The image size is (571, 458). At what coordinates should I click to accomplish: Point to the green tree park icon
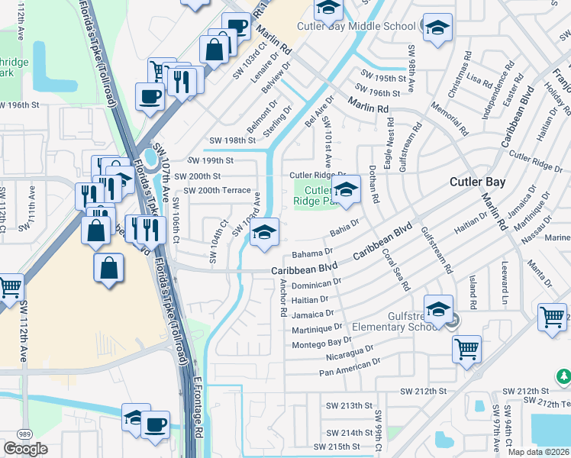click(563, 376)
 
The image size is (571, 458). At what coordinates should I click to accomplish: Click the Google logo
click(25, 449)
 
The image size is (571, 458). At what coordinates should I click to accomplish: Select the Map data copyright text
click(538, 452)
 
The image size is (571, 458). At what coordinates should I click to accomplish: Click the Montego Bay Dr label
click(323, 343)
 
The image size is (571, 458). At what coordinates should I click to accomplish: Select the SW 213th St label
click(347, 405)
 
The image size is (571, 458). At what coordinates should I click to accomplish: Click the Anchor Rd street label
click(282, 298)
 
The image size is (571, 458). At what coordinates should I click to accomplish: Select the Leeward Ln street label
click(505, 280)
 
